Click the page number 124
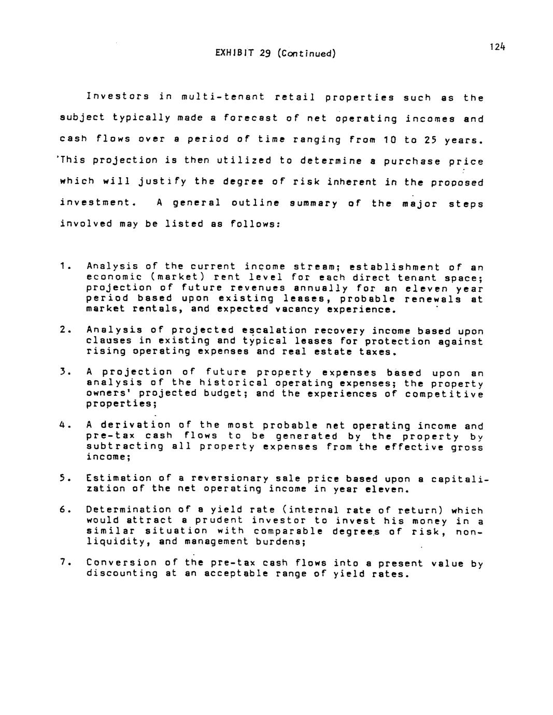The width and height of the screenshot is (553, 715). (x=497, y=47)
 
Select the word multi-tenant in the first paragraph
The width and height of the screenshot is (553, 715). (x=223, y=97)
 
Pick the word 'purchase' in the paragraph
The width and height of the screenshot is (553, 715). (x=413, y=161)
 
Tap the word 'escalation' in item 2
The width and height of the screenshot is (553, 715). (x=267, y=331)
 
